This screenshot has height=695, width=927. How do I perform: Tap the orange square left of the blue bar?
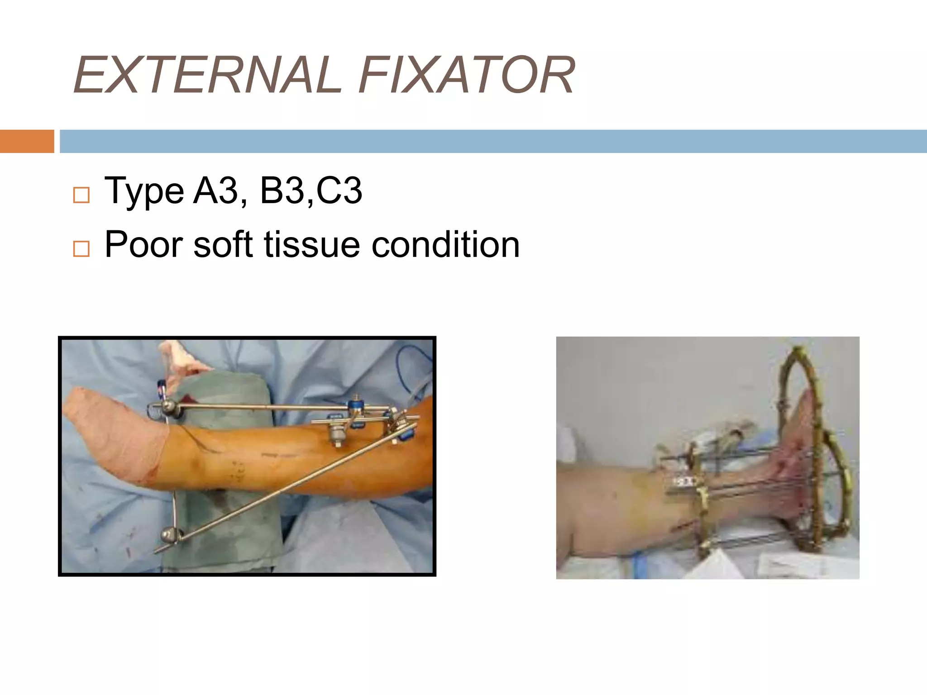pos(27,141)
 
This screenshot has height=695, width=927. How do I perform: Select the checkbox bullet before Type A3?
pos(81,195)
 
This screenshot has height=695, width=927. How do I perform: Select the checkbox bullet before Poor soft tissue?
pos(81,249)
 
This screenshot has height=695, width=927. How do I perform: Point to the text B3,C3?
pos(311,190)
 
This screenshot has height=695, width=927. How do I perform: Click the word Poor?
pos(143,244)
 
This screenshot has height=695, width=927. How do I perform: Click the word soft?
pos(222,244)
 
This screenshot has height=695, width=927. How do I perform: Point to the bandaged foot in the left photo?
pos(115,434)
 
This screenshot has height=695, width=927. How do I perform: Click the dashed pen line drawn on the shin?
pos(278,455)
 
